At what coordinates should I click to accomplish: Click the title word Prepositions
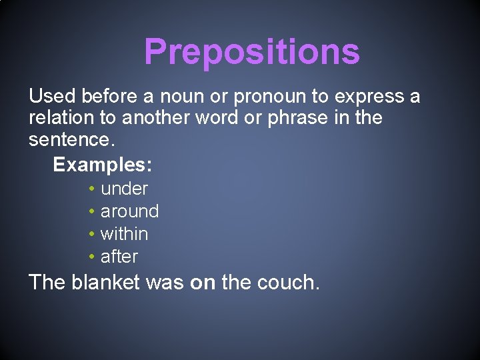[251, 51]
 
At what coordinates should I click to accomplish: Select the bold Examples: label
[102, 164]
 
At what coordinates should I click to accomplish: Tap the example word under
[124, 189]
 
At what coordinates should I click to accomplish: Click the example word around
[129, 211]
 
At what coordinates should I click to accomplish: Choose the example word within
[124, 234]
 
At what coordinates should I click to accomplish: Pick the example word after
[119, 257]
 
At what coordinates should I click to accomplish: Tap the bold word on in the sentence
[203, 283]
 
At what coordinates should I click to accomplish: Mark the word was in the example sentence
[165, 283]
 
